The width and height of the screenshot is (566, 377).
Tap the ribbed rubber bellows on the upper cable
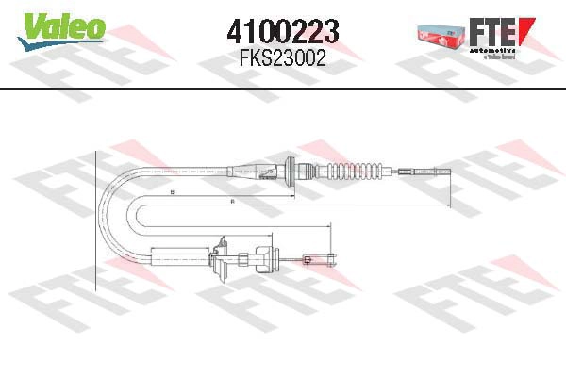pyautogui.click(x=358, y=171)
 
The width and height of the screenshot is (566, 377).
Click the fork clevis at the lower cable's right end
pyautogui.click(x=329, y=256)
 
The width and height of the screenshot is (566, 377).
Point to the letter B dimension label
pyautogui.click(x=172, y=193)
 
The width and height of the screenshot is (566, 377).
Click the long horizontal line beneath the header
pyautogui.click(x=283, y=90)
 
